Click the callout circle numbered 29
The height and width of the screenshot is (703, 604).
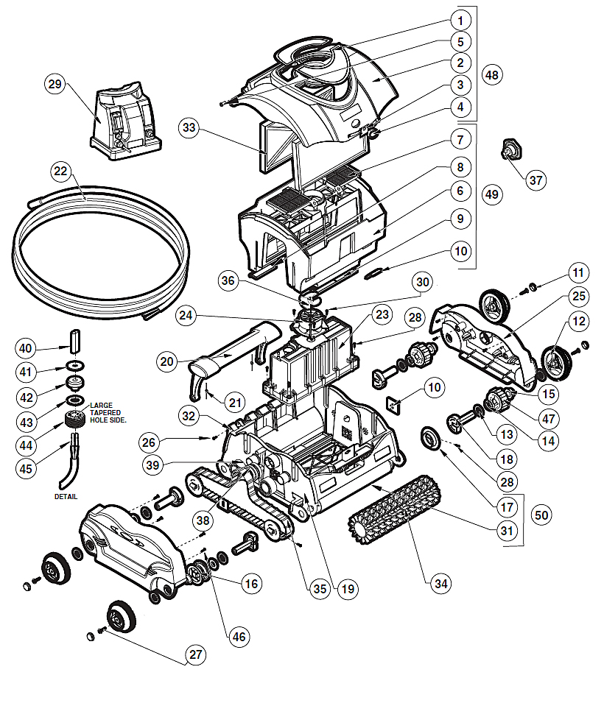pos(55,84)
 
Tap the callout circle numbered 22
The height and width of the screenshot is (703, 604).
pos(60,171)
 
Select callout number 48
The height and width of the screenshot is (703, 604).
pos(492,75)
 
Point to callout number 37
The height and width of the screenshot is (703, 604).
pos(535,180)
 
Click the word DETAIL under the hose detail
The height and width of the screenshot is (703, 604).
pos(66,497)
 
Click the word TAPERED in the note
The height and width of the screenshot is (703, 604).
pos(105,412)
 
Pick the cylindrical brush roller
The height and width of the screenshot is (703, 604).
pos(394,509)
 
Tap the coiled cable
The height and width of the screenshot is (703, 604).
pos(100,252)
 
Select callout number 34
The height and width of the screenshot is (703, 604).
pos(441,583)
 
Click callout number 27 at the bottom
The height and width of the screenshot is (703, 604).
pos(196,654)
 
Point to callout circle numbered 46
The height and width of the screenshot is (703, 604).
pos(239,637)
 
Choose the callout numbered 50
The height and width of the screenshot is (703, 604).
pos(541,515)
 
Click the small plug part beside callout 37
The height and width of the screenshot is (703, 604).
pos(512,149)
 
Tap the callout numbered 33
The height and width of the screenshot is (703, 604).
pos(189,127)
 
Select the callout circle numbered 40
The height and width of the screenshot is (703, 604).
pos(26,348)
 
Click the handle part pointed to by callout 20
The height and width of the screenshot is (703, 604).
pos(233,356)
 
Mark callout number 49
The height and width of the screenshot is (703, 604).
pos(492,194)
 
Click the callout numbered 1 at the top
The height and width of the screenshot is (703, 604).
pos(460,20)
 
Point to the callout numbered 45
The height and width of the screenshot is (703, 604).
pos(26,469)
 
